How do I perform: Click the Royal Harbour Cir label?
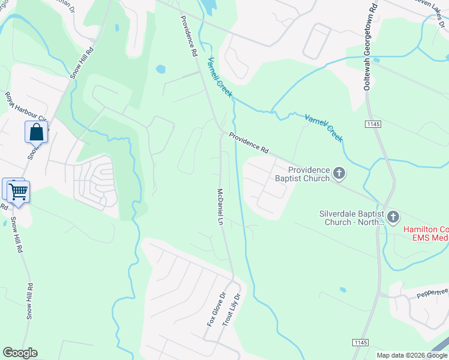(27, 113)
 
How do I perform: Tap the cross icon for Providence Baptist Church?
(339, 174)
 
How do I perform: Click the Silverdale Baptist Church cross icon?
(393, 217)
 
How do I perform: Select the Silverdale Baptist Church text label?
(352, 217)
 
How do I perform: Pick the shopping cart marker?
(19, 191)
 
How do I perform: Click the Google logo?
(20, 353)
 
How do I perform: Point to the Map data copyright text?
(412, 355)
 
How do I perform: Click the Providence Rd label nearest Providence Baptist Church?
(248, 140)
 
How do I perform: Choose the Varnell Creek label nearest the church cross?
(324, 127)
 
